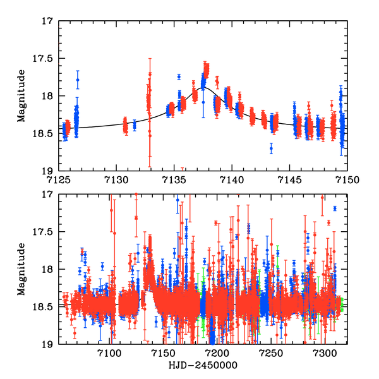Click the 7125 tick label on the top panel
click(58, 179)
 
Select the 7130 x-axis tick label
click(116, 179)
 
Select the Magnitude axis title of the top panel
click(21, 96)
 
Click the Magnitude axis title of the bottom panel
click(21, 269)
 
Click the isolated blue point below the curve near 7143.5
click(271, 149)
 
